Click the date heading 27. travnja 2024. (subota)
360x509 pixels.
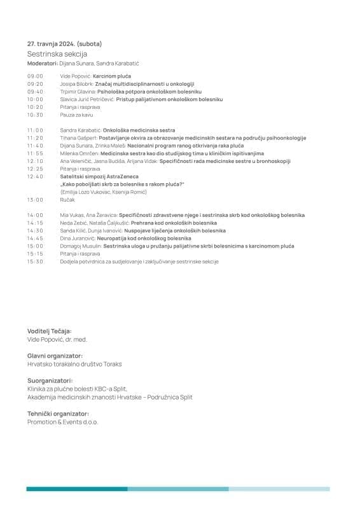coord(64,44)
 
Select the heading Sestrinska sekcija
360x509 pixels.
coord(53,54)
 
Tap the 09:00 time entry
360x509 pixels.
coord(35,76)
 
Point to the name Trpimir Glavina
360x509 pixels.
coord(75,92)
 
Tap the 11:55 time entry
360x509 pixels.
coord(35,153)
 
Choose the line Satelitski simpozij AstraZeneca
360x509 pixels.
coord(99,176)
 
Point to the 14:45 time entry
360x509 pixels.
coord(35,238)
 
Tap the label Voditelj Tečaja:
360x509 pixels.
coord(50,331)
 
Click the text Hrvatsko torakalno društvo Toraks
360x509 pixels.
coord(74,364)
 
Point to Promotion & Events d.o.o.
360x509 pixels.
coord(63,421)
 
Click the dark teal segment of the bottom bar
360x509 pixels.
coord(76,489)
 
